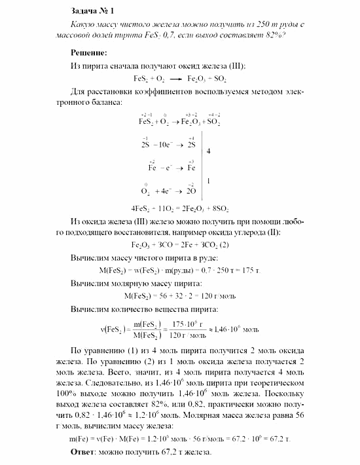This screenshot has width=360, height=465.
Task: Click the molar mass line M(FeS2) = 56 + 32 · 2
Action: pos(179,296)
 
